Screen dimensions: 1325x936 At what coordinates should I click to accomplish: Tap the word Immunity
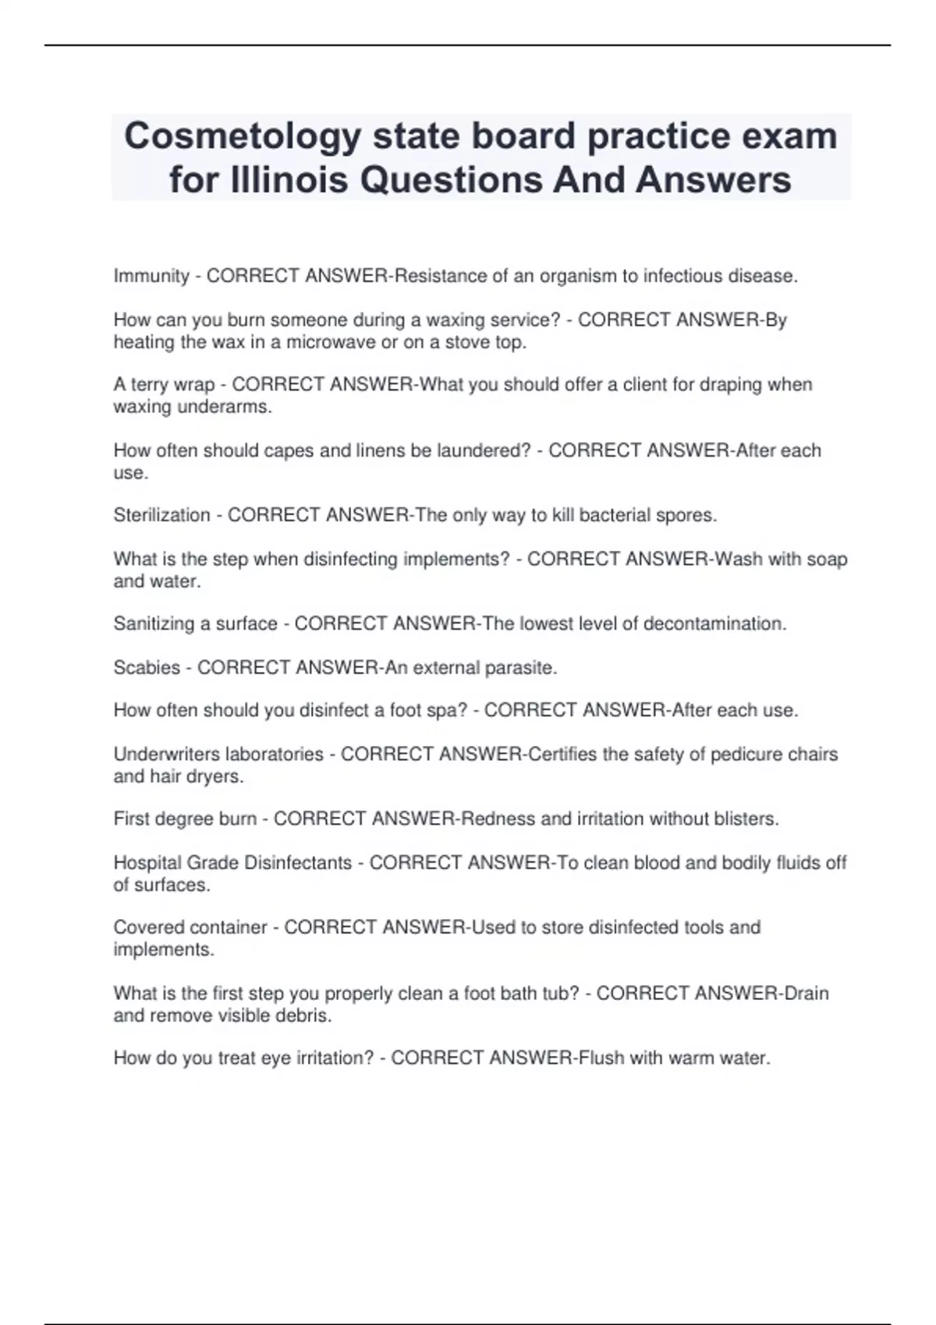[151, 276]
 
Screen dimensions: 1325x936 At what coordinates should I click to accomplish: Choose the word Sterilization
[161, 515]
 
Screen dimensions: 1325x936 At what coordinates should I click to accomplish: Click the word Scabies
[147, 668]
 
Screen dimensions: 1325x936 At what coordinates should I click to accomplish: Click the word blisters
[744, 819]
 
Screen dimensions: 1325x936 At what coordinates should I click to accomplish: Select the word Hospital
[145, 863]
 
